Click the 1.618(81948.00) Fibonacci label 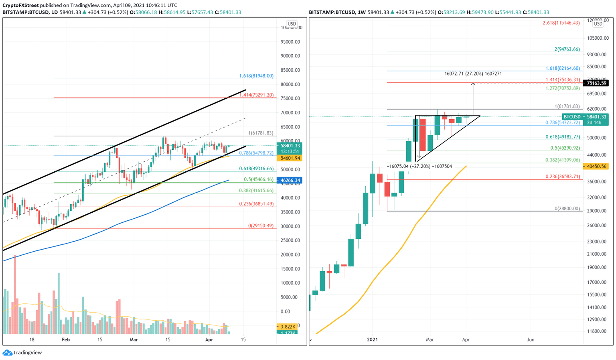click(256, 76)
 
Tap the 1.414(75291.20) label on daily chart click(256, 95)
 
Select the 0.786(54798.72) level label click(256, 153)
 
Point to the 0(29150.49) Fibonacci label click(261, 226)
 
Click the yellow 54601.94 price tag click(290, 158)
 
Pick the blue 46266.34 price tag click(290, 181)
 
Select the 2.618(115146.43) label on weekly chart click(561, 23)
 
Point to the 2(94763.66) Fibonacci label click(567, 49)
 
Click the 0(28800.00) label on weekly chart click(567, 209)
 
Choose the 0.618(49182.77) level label click(562, 137)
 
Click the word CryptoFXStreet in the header click(20, 5)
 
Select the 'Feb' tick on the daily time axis click(66, 340)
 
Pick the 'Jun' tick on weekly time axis click(530, 340)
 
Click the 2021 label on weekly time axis click(372, 340)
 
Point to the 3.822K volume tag click(288, 327)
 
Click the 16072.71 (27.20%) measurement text click(473, 74)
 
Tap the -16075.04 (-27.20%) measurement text click(419, 166)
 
